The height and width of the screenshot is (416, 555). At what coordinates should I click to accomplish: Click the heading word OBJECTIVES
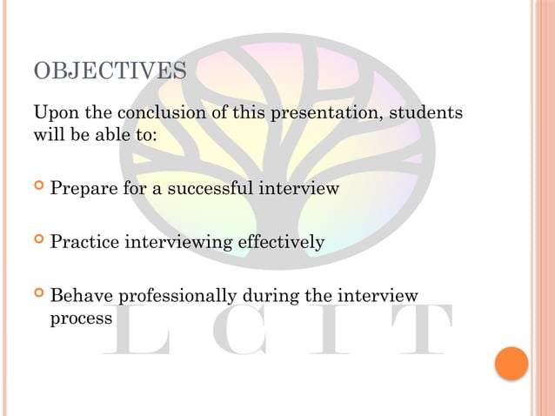tap(109, 70)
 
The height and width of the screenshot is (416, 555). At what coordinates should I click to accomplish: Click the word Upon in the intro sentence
tap(52, 115)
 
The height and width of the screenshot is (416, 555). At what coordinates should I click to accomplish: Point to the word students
tap(425, 115)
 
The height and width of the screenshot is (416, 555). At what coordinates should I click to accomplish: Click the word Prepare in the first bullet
tap(84, 188)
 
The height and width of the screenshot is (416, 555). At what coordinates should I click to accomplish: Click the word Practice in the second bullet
tap(85, 242)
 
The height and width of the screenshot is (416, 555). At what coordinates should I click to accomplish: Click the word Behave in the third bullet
tap(81, 297)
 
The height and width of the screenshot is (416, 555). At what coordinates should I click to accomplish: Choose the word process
tap(81, 318)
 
